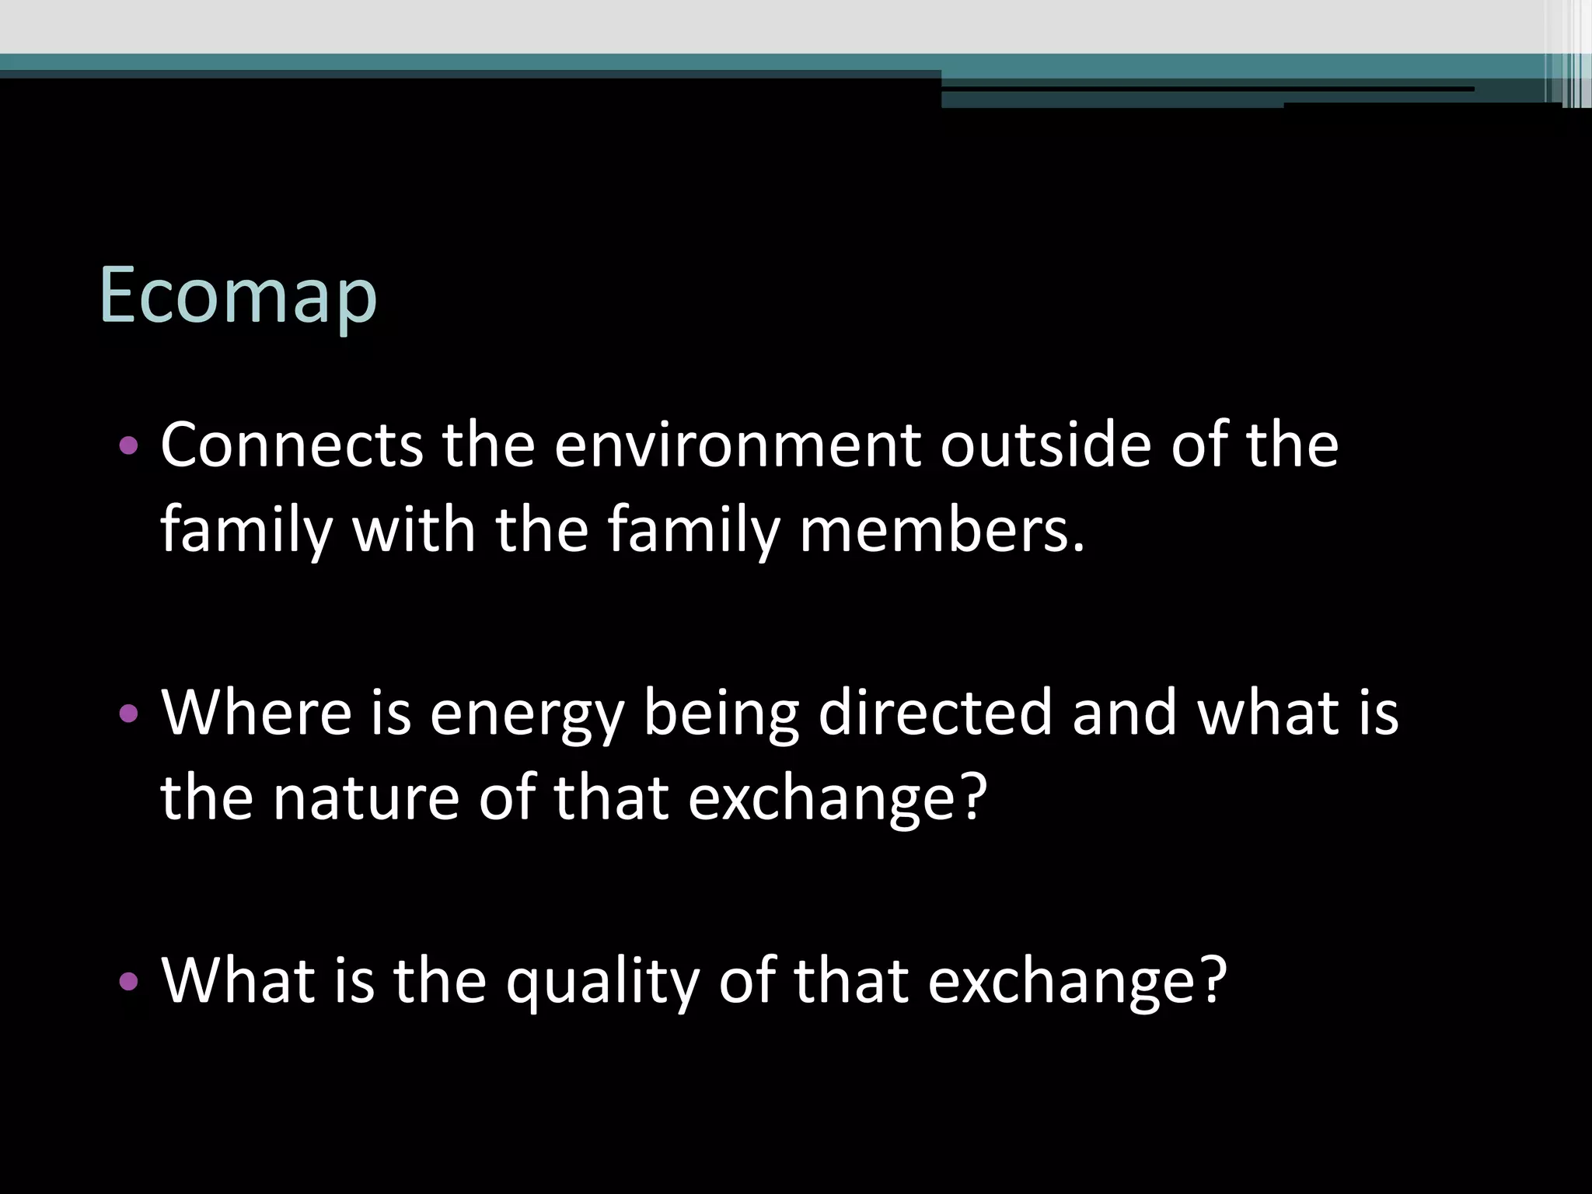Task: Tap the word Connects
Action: tap(292, 445)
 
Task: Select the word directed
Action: tap(934, 712)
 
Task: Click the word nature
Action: tap(365, 799)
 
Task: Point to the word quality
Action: tap(602, 981)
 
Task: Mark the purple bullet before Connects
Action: tap(129, 446)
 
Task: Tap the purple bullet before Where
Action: tap(129, 713)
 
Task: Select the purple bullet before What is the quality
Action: tap(129, 982)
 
